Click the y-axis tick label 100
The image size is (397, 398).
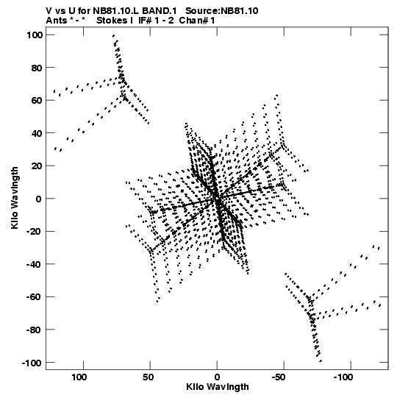(35, 35)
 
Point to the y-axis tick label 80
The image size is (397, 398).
(37, 68)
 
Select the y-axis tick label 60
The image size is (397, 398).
(37, 101)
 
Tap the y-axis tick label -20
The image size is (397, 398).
(35, 232)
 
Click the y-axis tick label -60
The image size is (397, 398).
(35, 297)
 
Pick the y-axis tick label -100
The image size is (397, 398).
(32, 363)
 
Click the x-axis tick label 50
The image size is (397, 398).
(148, 377)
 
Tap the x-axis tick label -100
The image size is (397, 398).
(343, 377)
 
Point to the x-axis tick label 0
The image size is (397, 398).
(217, 377)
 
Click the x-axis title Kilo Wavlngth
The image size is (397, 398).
(218, 387)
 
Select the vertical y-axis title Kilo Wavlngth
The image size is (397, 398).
(15, 198)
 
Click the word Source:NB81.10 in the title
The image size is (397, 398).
(222, 11)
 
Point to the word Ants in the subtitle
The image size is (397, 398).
(56, 21)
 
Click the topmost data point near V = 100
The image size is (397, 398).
(114, 36)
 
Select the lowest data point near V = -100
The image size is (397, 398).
(321, 360)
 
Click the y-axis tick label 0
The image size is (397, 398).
(38, 199)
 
